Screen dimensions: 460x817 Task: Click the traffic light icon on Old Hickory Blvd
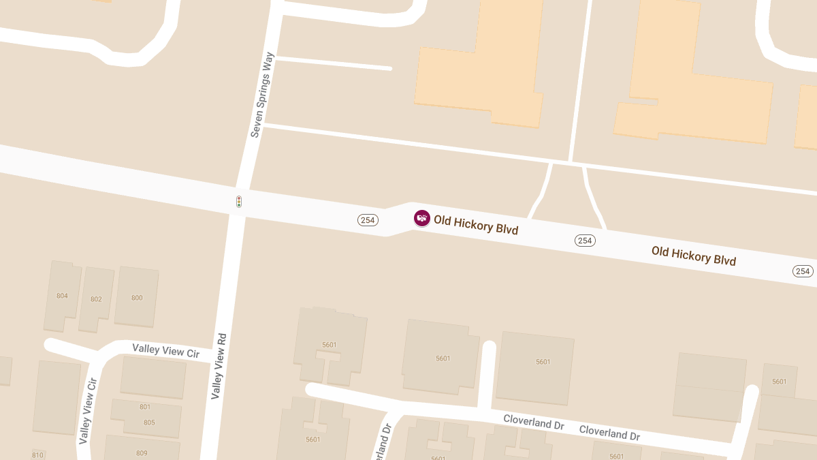[239, 201]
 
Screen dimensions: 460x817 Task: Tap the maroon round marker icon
[422, 218]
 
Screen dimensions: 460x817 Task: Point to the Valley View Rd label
[218, 366]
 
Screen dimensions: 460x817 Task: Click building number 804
[62, 296]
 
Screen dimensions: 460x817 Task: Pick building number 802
[96, 299]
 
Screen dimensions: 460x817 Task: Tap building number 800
[137, 298]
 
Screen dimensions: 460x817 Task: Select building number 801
[145, 407]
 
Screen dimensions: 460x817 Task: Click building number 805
[149, 423]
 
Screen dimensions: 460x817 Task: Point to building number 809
[142, 453]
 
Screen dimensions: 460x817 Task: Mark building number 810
[37, 455]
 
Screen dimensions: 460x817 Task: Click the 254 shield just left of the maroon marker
[368, 219]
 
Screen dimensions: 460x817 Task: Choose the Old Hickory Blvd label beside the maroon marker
[476, 225]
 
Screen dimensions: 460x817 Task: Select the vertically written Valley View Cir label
[88, 411]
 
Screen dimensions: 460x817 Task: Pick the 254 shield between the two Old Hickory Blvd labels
[585, 240]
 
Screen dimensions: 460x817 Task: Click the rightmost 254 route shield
[803, 271]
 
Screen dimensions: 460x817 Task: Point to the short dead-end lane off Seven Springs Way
[334, 63]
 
